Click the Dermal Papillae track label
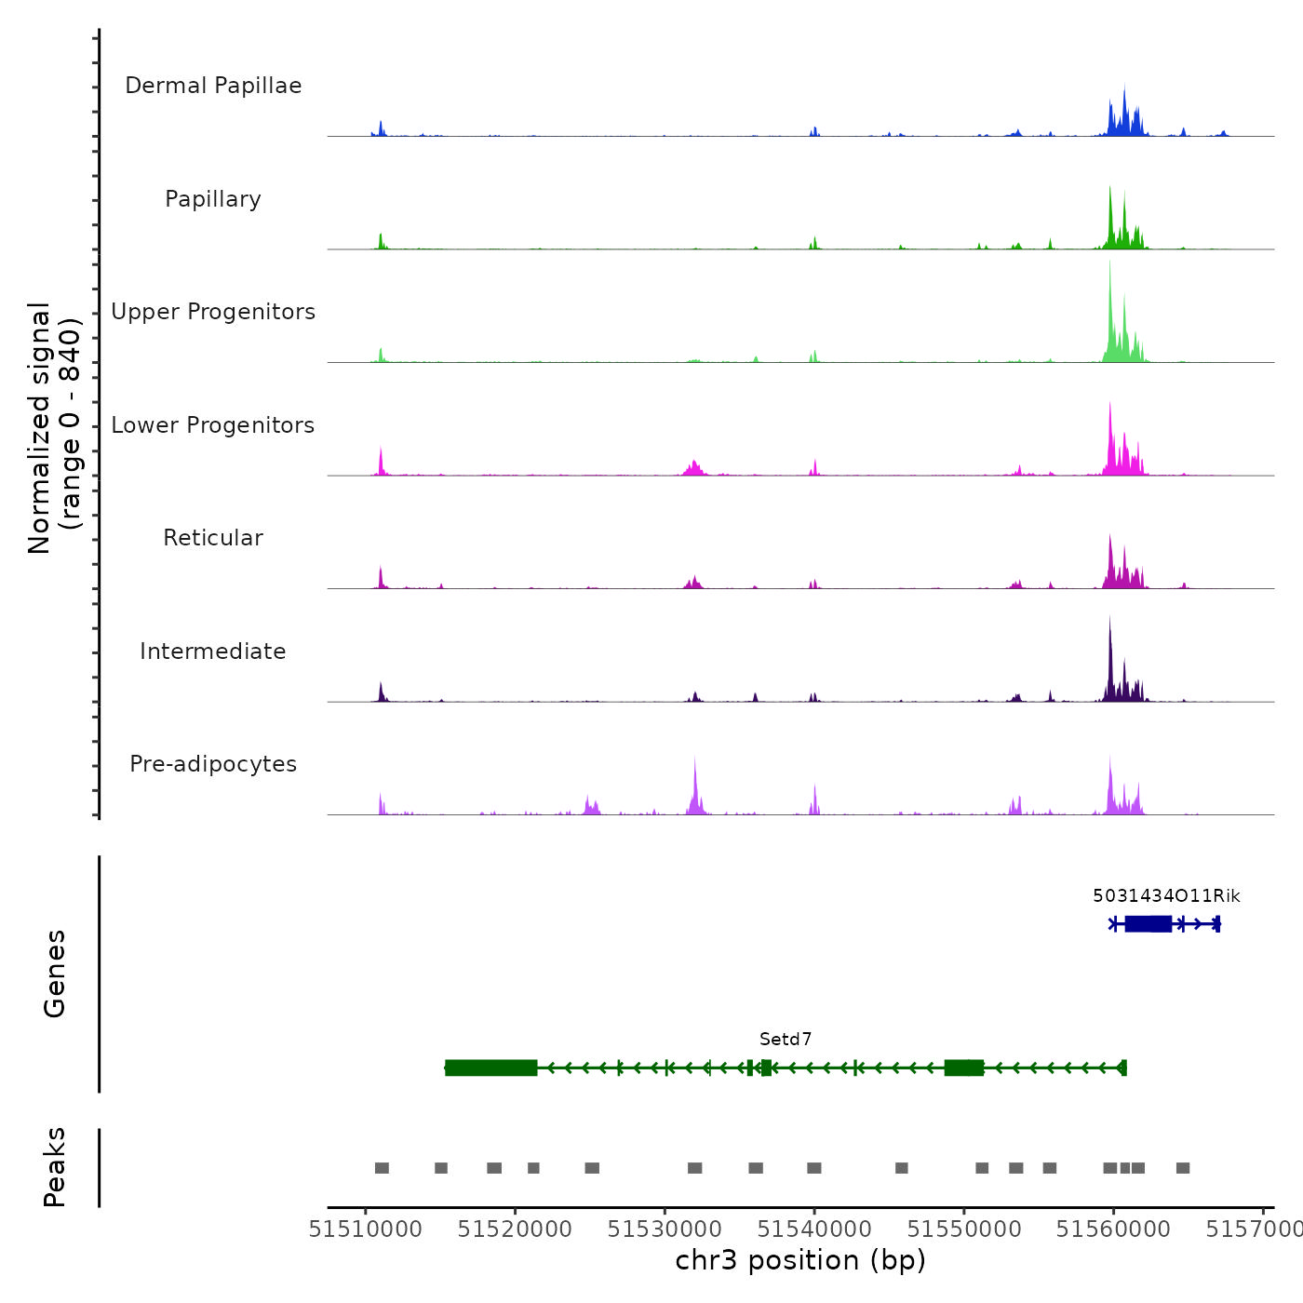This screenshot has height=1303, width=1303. [x=213, y=86]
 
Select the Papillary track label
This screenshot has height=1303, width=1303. [x=213, y=199]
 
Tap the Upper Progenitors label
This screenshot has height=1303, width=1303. [x=213, y=312]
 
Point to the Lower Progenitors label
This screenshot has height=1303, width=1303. [x=213, y=425]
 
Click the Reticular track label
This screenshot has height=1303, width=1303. [x=213, y=538]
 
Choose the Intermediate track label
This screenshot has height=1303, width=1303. [x=213, y=651]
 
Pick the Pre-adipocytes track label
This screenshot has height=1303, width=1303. [x=213, y=764]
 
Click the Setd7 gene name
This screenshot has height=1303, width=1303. [x=786, y=1040]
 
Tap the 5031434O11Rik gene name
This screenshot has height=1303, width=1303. [x=1166, y=896]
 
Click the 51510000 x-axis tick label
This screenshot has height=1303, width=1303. [x=366, y=1229]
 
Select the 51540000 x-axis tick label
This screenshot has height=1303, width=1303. [x=814, y=1229]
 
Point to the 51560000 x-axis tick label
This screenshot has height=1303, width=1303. [x=1113, y=1229]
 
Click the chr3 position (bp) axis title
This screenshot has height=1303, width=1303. [x=800, y=1260]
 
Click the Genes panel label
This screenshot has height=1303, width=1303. [x=55, y=974]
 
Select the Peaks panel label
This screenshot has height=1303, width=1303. [x=55, y=1167]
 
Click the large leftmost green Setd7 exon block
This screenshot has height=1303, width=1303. [x=491, y=1068]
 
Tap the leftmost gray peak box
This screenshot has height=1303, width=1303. [x=382, y=1168]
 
